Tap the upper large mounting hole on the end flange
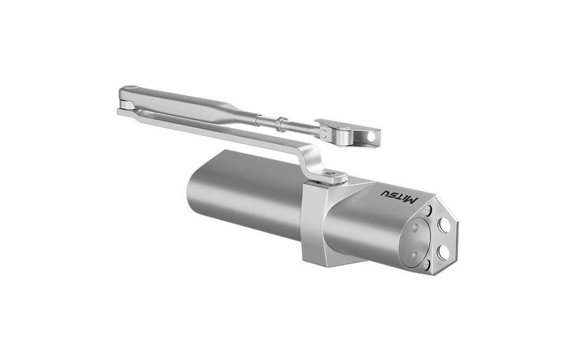444,225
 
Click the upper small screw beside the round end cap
429,211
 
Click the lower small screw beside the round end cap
427,265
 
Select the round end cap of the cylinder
417,241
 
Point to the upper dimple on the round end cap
415,228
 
